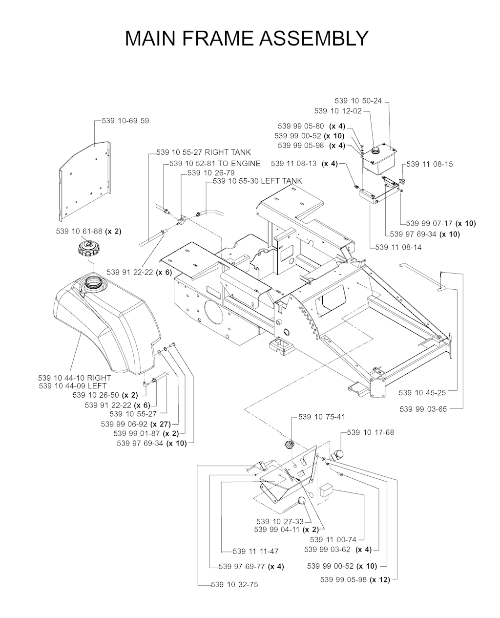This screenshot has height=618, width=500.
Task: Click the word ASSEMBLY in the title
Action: pos(314,38)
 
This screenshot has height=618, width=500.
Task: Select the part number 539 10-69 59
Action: pos(125,121)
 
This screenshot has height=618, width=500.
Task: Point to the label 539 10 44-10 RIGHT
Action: pos(75,378)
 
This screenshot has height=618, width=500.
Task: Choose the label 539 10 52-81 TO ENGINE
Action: pos(215,164)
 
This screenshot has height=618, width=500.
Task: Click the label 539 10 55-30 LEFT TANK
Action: pos(257,181)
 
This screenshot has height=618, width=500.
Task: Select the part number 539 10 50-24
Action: pos(358,101)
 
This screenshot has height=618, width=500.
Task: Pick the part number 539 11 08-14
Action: pos(398,247)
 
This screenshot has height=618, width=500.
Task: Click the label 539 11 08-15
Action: pos(430,164)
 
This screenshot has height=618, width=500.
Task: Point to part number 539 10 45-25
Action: pos(422,393)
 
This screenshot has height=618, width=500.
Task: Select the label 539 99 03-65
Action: pos(423,409)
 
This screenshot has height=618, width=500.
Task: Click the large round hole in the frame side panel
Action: pos(213,311)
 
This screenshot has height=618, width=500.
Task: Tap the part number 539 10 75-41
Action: pos(322,417)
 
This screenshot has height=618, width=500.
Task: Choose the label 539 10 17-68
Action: pos(371,433)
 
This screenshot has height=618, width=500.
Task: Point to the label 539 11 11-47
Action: pos(256,551)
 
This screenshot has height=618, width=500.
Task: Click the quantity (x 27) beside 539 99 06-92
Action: pos(161,424)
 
